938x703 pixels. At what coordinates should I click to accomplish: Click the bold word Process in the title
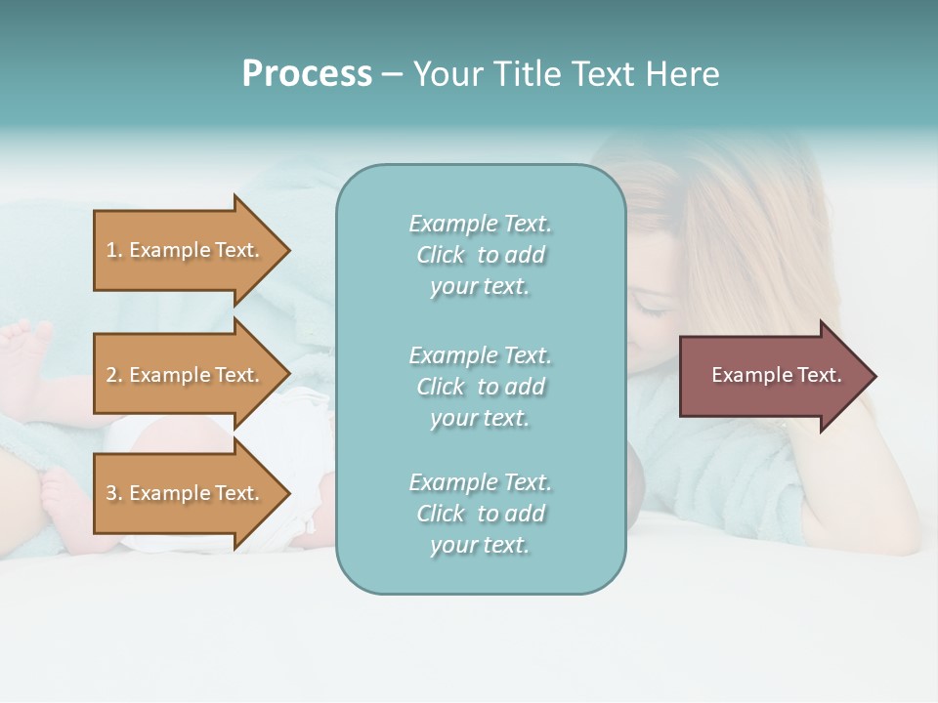[x=307, y=74]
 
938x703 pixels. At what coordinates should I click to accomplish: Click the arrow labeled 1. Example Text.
[x=186, y=250]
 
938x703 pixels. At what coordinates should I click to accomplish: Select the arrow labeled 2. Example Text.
[x=186, y=375]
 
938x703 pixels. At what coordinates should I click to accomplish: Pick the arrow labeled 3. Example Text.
[x=186, y=493]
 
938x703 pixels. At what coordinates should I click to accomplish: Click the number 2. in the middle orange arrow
[x=114, y=375]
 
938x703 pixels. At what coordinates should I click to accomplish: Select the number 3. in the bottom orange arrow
[x=114, y=493]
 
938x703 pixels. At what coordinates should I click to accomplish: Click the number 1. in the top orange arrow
[x=113, y=250]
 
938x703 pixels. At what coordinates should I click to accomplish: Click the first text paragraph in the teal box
[x=480, y=255]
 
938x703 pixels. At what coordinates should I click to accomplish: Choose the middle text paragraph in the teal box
[x=480, y=387]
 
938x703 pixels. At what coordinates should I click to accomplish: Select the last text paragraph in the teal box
[x=480, y=514]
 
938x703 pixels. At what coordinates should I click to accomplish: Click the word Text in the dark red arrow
[x=819, y=375]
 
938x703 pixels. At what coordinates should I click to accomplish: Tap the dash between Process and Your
[x=393, y=74]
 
